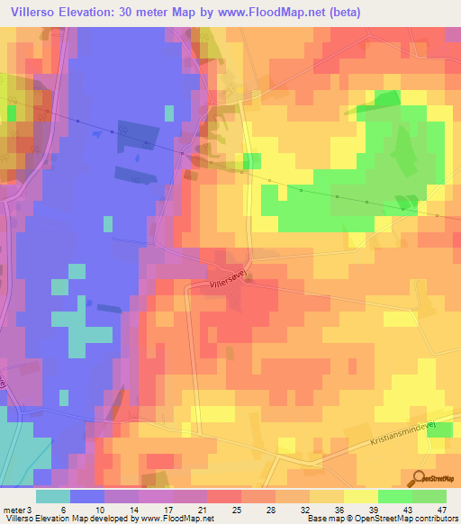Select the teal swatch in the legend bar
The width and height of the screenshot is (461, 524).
[53, 496]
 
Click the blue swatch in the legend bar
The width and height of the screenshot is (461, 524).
[87, 496]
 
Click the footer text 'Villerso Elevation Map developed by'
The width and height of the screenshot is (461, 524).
[59, 518]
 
